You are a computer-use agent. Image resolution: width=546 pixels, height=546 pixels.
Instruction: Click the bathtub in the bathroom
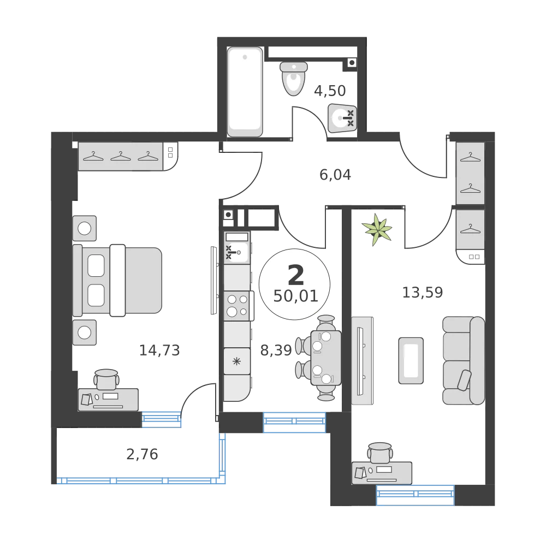pyautogui.click(x=245, y=91)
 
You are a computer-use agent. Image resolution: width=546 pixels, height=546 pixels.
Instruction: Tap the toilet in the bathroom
pyautogui.click(x=293, y=79)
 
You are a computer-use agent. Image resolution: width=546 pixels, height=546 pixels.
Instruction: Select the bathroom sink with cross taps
pyautogui.click(x=343, y=117)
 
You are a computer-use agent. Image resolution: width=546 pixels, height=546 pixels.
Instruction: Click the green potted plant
pyautogui.click(x=378, y=229)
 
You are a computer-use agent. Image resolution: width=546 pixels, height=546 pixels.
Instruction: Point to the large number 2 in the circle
pyautogui.click(x=295, y=276)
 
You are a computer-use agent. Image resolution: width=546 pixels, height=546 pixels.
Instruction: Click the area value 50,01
pyautogui.click(x=295, y=296)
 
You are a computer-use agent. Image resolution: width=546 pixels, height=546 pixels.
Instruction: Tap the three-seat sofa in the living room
pyautogui.click(x=463, y=360)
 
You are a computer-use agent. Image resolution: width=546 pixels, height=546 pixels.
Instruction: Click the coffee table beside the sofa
pyautogui.click(x=411, y=360)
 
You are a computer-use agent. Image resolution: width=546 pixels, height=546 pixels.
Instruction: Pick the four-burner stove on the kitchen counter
pyautogui.click(x=236, y=305)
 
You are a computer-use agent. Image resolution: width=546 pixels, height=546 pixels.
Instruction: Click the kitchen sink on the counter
pyautogui.click(x=236, y=251)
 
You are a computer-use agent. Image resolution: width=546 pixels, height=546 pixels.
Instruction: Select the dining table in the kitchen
pyautogui.click(x=325, y=358)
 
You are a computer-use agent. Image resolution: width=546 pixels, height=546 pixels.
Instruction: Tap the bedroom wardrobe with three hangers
pyautogui.click(x=121, y=156)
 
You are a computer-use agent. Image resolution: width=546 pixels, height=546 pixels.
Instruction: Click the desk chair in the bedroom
pyautogui.click(x=106, y=378)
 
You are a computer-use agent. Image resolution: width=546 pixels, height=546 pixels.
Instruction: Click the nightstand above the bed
pyautogui.click(x=85, y=228)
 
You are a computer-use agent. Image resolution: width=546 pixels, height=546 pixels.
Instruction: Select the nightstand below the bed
pyautogui.click(x=85, y=332)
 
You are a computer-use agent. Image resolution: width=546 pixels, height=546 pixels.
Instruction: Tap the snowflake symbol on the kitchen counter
pyautogui.click(x=236, y=360)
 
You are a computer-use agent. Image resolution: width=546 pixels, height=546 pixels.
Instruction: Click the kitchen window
pyautogui.click(x=294, y=422)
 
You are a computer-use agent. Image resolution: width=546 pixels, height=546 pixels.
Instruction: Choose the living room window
pyautogui.click(x=416, y=495)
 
